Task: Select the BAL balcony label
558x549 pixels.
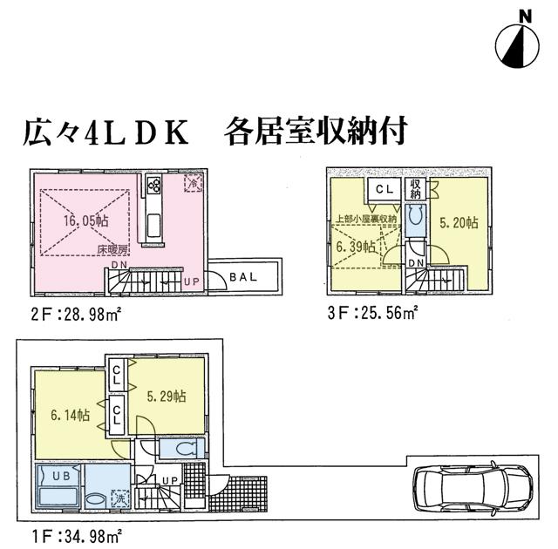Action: coord(243,278)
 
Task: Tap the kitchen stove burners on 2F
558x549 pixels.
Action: coord(154,185)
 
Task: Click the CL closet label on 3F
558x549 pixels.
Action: coord(383,187)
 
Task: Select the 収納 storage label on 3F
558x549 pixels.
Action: coord(416,189)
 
